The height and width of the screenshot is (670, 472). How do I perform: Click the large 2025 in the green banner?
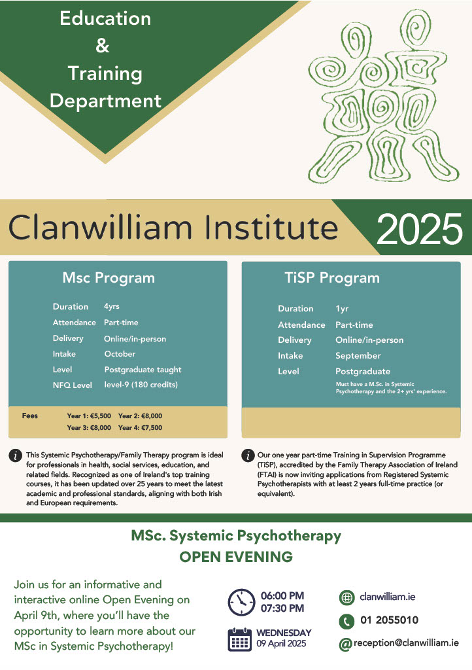(x=420, y=229)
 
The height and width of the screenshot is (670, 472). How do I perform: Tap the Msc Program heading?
(x=109, y=278)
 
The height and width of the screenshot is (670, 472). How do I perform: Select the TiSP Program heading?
(x=332, y=278)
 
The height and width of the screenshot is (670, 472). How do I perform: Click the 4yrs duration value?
(x=112, y=306)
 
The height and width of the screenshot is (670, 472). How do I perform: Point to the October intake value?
(x=120, y=354)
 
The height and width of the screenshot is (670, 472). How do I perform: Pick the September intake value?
(x=358, y=356)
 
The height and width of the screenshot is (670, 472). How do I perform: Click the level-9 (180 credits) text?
(x=141, y=385)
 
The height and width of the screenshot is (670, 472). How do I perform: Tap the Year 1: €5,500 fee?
(x=89, y=415)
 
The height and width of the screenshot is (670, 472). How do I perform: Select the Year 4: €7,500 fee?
(x=141, y=427)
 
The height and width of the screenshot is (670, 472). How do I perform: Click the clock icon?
(x=241, y=602)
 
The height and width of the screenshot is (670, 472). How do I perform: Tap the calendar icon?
(x=239, y=639)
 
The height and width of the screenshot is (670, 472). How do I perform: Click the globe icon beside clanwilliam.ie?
(x=347, y=598)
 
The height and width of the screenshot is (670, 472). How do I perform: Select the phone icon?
(x=347, y=622)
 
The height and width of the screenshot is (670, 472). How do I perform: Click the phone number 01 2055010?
(x=389, y=620)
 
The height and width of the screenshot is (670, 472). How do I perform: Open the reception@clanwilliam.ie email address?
(x=406, y=643)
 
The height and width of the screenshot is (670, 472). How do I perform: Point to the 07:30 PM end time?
(x=282, y=608)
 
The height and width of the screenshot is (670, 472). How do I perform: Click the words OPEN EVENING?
(x=236, y=557)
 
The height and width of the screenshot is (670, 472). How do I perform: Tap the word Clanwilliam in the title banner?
(x=100, y=226)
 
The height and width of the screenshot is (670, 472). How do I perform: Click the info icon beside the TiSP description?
(x=248, y=455)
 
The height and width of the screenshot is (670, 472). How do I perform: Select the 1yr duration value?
(x=342, y=309)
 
